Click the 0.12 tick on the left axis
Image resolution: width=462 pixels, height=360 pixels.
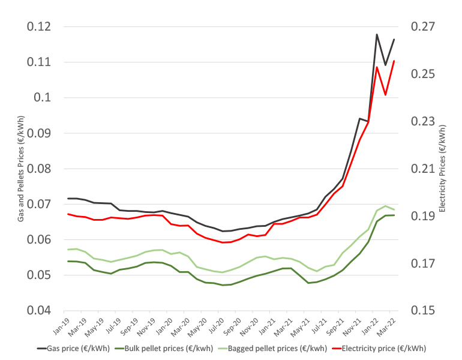[x=37, y=27]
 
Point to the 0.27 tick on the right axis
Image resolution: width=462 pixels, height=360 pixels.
[x=424, y=27]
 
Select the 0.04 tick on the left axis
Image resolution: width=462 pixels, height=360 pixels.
[x=37, y=311]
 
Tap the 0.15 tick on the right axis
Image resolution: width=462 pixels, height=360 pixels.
[x=424, y=311]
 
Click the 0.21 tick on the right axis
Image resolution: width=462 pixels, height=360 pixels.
[x=424, y=169]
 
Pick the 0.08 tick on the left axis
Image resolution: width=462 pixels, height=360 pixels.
[x=37, y=169]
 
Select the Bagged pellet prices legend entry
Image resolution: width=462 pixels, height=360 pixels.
[x=277, y=348]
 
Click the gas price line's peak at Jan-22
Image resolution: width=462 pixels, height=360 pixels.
[x=377, y=34]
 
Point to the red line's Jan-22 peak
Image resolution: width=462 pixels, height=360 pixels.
[x=377, y=67]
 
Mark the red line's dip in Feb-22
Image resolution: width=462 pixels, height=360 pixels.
[x=385, y=95]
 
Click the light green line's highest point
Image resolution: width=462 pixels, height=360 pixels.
[x=385, y=206]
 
